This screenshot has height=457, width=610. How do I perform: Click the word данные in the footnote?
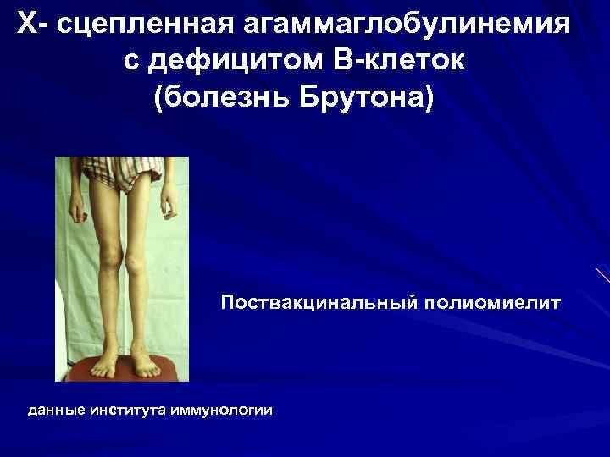[x=56, y=410]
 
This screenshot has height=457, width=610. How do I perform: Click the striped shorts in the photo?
[x=122, y=173]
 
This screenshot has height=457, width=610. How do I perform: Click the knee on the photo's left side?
[x=110, y=251]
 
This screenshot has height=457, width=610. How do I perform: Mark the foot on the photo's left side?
[x=103, y=366]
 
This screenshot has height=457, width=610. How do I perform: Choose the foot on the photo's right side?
[x=144, y=365]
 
